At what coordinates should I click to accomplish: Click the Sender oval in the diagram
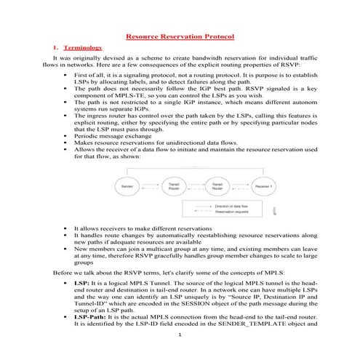(x=125, y=187)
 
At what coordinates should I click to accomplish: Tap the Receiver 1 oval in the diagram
(x=263, y=187)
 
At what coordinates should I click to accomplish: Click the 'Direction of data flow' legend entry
(x=233, y=207)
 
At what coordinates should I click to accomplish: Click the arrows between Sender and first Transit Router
(x=149, y=187)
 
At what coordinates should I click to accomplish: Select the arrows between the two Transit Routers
(x=195, y=187)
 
